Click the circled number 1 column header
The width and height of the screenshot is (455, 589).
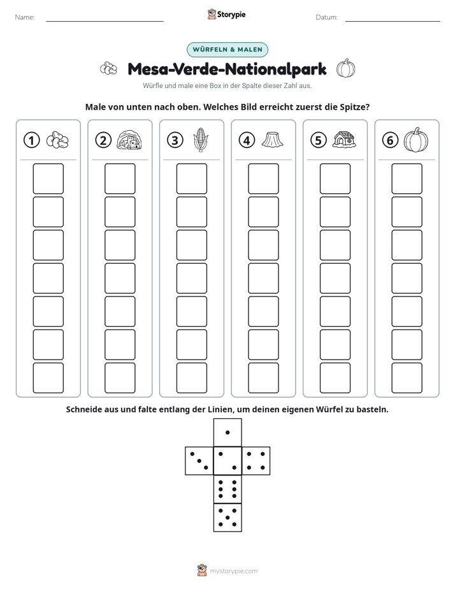31,140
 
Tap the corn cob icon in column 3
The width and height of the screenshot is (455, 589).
201,140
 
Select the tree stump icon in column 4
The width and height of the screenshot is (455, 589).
273,140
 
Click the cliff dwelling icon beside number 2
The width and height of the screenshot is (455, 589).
129,140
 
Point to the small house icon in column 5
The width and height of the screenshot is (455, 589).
344,140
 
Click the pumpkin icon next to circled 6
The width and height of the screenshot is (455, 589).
416,140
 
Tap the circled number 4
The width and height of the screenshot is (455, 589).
247,140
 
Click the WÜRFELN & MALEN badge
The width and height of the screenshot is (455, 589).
227,50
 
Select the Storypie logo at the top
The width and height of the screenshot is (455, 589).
226,14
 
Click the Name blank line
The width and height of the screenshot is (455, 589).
105,21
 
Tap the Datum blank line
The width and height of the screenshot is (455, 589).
393,21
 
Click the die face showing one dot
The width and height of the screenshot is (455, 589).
227,433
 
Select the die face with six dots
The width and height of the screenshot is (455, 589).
227,489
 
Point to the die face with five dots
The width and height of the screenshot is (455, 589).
227,517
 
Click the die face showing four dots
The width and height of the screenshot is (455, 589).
256,461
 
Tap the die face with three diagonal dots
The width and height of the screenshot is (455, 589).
199,461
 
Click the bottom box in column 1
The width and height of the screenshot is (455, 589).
48,378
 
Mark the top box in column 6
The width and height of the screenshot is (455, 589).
407,178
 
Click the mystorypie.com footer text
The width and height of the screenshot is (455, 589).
233,571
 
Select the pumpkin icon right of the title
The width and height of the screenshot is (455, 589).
346,68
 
